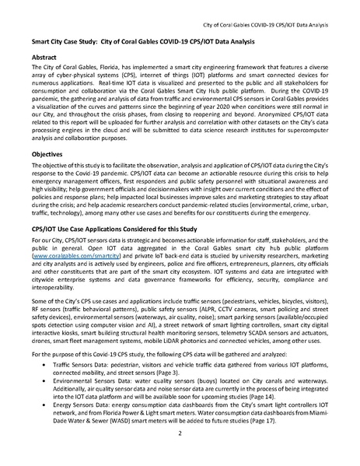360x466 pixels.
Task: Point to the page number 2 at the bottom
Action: (180, 453)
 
